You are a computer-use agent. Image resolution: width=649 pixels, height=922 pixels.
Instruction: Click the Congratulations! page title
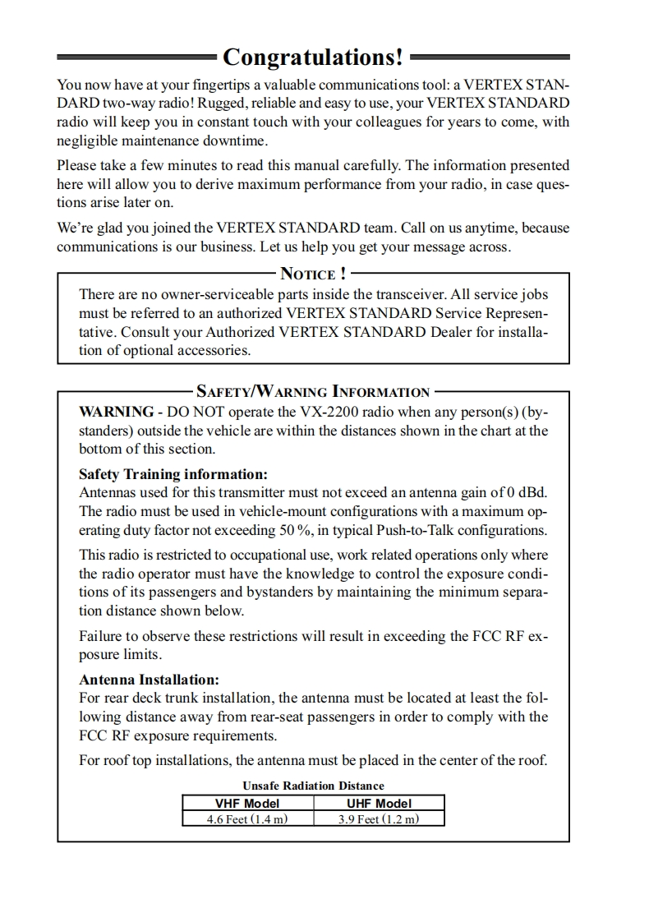313,58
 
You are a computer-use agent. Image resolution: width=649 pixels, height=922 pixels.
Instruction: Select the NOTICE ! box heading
313,274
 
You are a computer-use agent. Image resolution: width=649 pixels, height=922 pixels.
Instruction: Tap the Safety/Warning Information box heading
313,392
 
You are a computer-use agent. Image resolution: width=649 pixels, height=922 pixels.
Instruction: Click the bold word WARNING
116,412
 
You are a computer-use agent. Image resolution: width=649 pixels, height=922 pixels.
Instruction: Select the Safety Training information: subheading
173,475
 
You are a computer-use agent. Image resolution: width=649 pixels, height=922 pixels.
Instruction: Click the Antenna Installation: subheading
149,680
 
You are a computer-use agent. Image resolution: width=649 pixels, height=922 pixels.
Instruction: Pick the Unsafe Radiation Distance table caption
313,786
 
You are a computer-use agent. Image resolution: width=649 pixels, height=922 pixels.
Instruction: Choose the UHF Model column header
379,803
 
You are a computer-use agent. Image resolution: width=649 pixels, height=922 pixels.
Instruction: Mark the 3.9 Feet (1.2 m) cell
379,818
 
